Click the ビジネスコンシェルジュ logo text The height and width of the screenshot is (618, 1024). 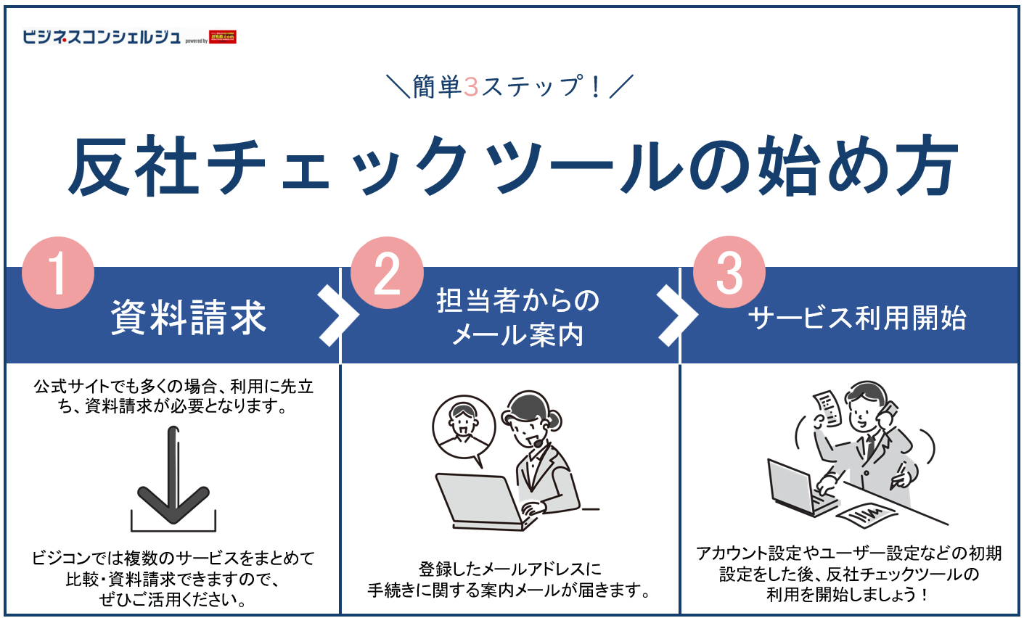pos(102,36)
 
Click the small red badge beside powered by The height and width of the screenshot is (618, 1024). pos(223,36)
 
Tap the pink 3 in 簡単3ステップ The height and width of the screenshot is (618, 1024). pos(471,87)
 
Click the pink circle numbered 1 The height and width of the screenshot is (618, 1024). pos(58,273)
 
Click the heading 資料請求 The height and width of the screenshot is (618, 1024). pos(189,318)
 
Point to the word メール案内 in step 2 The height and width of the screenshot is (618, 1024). pos(517,335)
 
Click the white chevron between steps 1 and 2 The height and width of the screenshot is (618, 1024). pos(337,316)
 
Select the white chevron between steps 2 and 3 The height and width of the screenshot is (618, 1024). pos(676,316)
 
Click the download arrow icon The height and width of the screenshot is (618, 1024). pos(173,479)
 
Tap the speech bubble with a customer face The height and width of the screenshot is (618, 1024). pos(463,429)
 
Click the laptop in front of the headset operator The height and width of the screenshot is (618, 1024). pos(480,501)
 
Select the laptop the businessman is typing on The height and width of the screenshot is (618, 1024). pos(799,486)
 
